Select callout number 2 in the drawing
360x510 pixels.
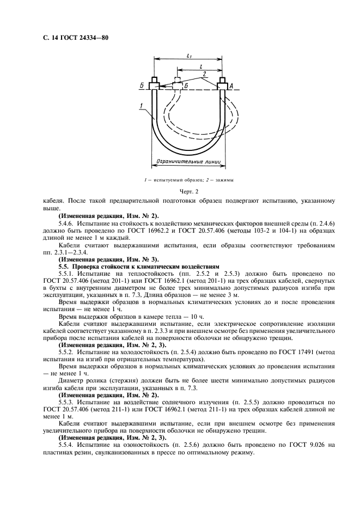[x=204, y=72]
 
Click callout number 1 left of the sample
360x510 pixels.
[x=141, y=105]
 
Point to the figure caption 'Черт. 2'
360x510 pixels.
[x=189, y=191]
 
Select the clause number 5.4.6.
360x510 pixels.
[x=66, y=223]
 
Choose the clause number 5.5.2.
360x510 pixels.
[x=66, y=353]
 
